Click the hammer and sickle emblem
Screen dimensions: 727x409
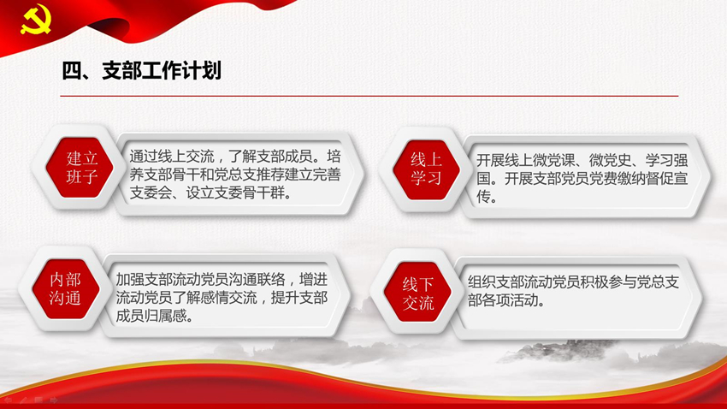click(35, 20)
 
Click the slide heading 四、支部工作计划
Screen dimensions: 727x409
click(142, 70)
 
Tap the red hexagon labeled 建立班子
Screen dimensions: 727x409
click(80, 168)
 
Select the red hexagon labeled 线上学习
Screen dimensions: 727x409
click(426, 169)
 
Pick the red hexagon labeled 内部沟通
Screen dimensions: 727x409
click(66, 288)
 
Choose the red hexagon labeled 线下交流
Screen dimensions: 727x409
click(417, 292)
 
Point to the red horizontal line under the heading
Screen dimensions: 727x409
click(369, 96)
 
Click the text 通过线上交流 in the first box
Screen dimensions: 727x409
click(172, 157)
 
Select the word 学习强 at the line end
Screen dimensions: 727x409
click(667, 161)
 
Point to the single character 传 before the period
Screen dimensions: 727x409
click(483, 197)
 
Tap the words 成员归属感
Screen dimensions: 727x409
click(151, 316)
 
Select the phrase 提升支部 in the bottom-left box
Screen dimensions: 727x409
click(299, 297)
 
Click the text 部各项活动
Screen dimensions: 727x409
click(503, 300)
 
